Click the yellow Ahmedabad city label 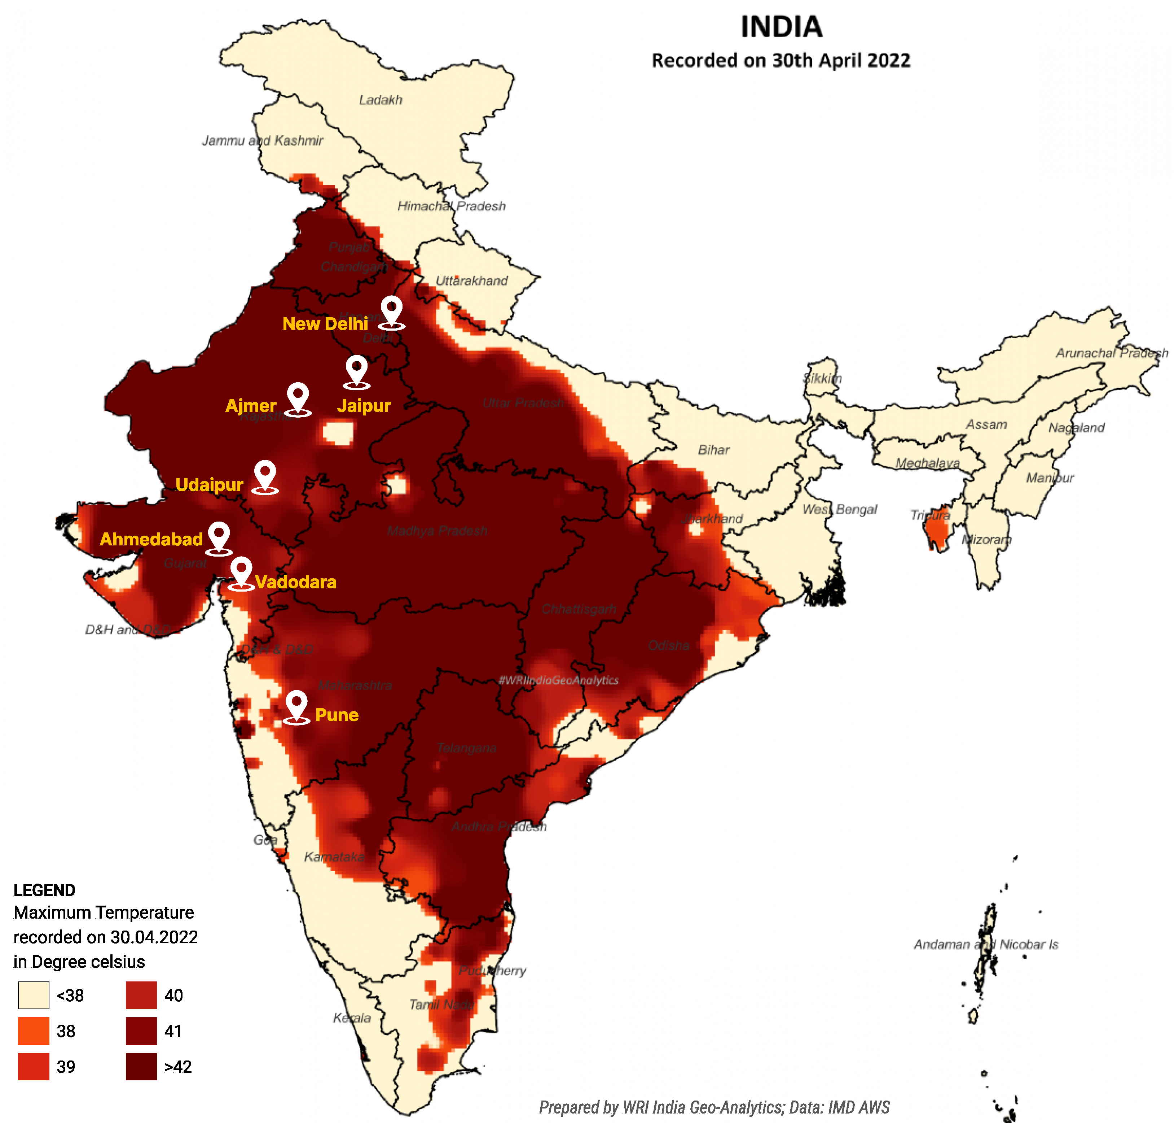coord(151,539)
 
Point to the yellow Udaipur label coord(209,484)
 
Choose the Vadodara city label coord(295,582)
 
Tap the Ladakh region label coord(381,100)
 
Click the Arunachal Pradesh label coord(1112,353)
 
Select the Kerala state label coord(352,1018)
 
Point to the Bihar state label coord(713,449)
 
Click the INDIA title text coord(781,27)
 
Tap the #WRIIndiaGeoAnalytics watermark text coord(558,680)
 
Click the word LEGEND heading coord(44,890)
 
